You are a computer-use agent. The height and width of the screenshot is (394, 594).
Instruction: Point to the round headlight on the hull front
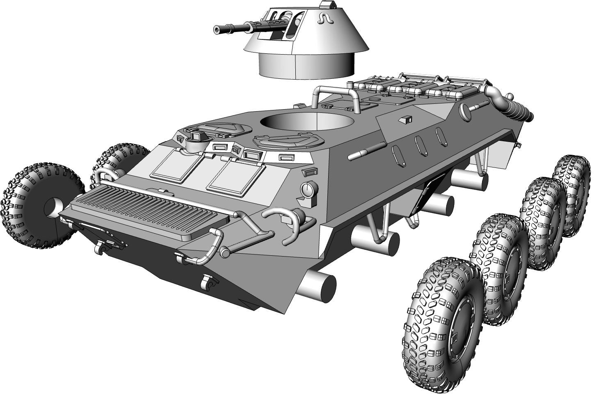click(309, 189)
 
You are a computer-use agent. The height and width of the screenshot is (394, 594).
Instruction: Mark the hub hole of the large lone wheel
click(53, 208)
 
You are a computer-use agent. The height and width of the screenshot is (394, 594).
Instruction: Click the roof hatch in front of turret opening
click(288, 141)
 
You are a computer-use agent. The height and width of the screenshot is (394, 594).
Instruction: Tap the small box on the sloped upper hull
click(406, 119)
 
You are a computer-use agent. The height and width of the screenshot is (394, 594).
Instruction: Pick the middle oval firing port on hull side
click(420, 144)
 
